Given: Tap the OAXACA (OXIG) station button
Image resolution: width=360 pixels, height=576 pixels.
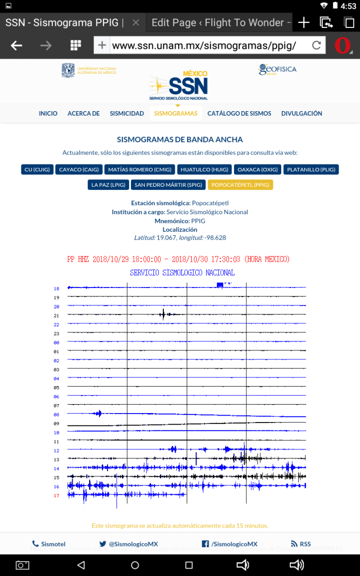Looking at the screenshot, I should [x=257, y=169].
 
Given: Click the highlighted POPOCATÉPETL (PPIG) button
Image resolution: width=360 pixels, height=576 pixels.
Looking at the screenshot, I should [x=240, y=185].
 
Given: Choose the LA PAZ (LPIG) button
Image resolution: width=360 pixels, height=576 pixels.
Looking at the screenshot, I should [x=108, y=185].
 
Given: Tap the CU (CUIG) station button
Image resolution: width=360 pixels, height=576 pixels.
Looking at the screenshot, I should [x=37, y=169].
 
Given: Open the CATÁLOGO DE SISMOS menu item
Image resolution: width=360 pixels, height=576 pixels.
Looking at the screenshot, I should [x=239, y=114].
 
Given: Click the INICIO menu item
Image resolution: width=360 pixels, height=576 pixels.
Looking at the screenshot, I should [x=48, y=114].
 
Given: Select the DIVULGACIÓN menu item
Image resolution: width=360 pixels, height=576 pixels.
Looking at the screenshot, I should [x=301, y=114].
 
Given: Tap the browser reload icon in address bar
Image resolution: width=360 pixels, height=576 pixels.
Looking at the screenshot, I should [x=316, y=46].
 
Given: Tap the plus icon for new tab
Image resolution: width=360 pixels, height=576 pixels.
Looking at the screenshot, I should [x=303, y=22].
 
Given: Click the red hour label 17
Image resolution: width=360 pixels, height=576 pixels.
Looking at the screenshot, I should [x=56, y=495].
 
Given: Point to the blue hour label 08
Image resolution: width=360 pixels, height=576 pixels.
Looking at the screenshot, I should [x=56, y=415].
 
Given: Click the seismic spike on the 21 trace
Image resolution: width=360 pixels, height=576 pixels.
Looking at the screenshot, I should [x=163, y=314].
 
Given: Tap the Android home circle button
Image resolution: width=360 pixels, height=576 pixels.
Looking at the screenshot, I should [x=135, y=565].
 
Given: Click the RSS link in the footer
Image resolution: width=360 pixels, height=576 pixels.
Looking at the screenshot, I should [x=301, y=544].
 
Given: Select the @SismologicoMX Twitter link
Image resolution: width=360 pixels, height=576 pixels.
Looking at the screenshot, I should [x=128, y=544].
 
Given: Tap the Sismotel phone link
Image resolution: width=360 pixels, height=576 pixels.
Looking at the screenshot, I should [x=49, y=544].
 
